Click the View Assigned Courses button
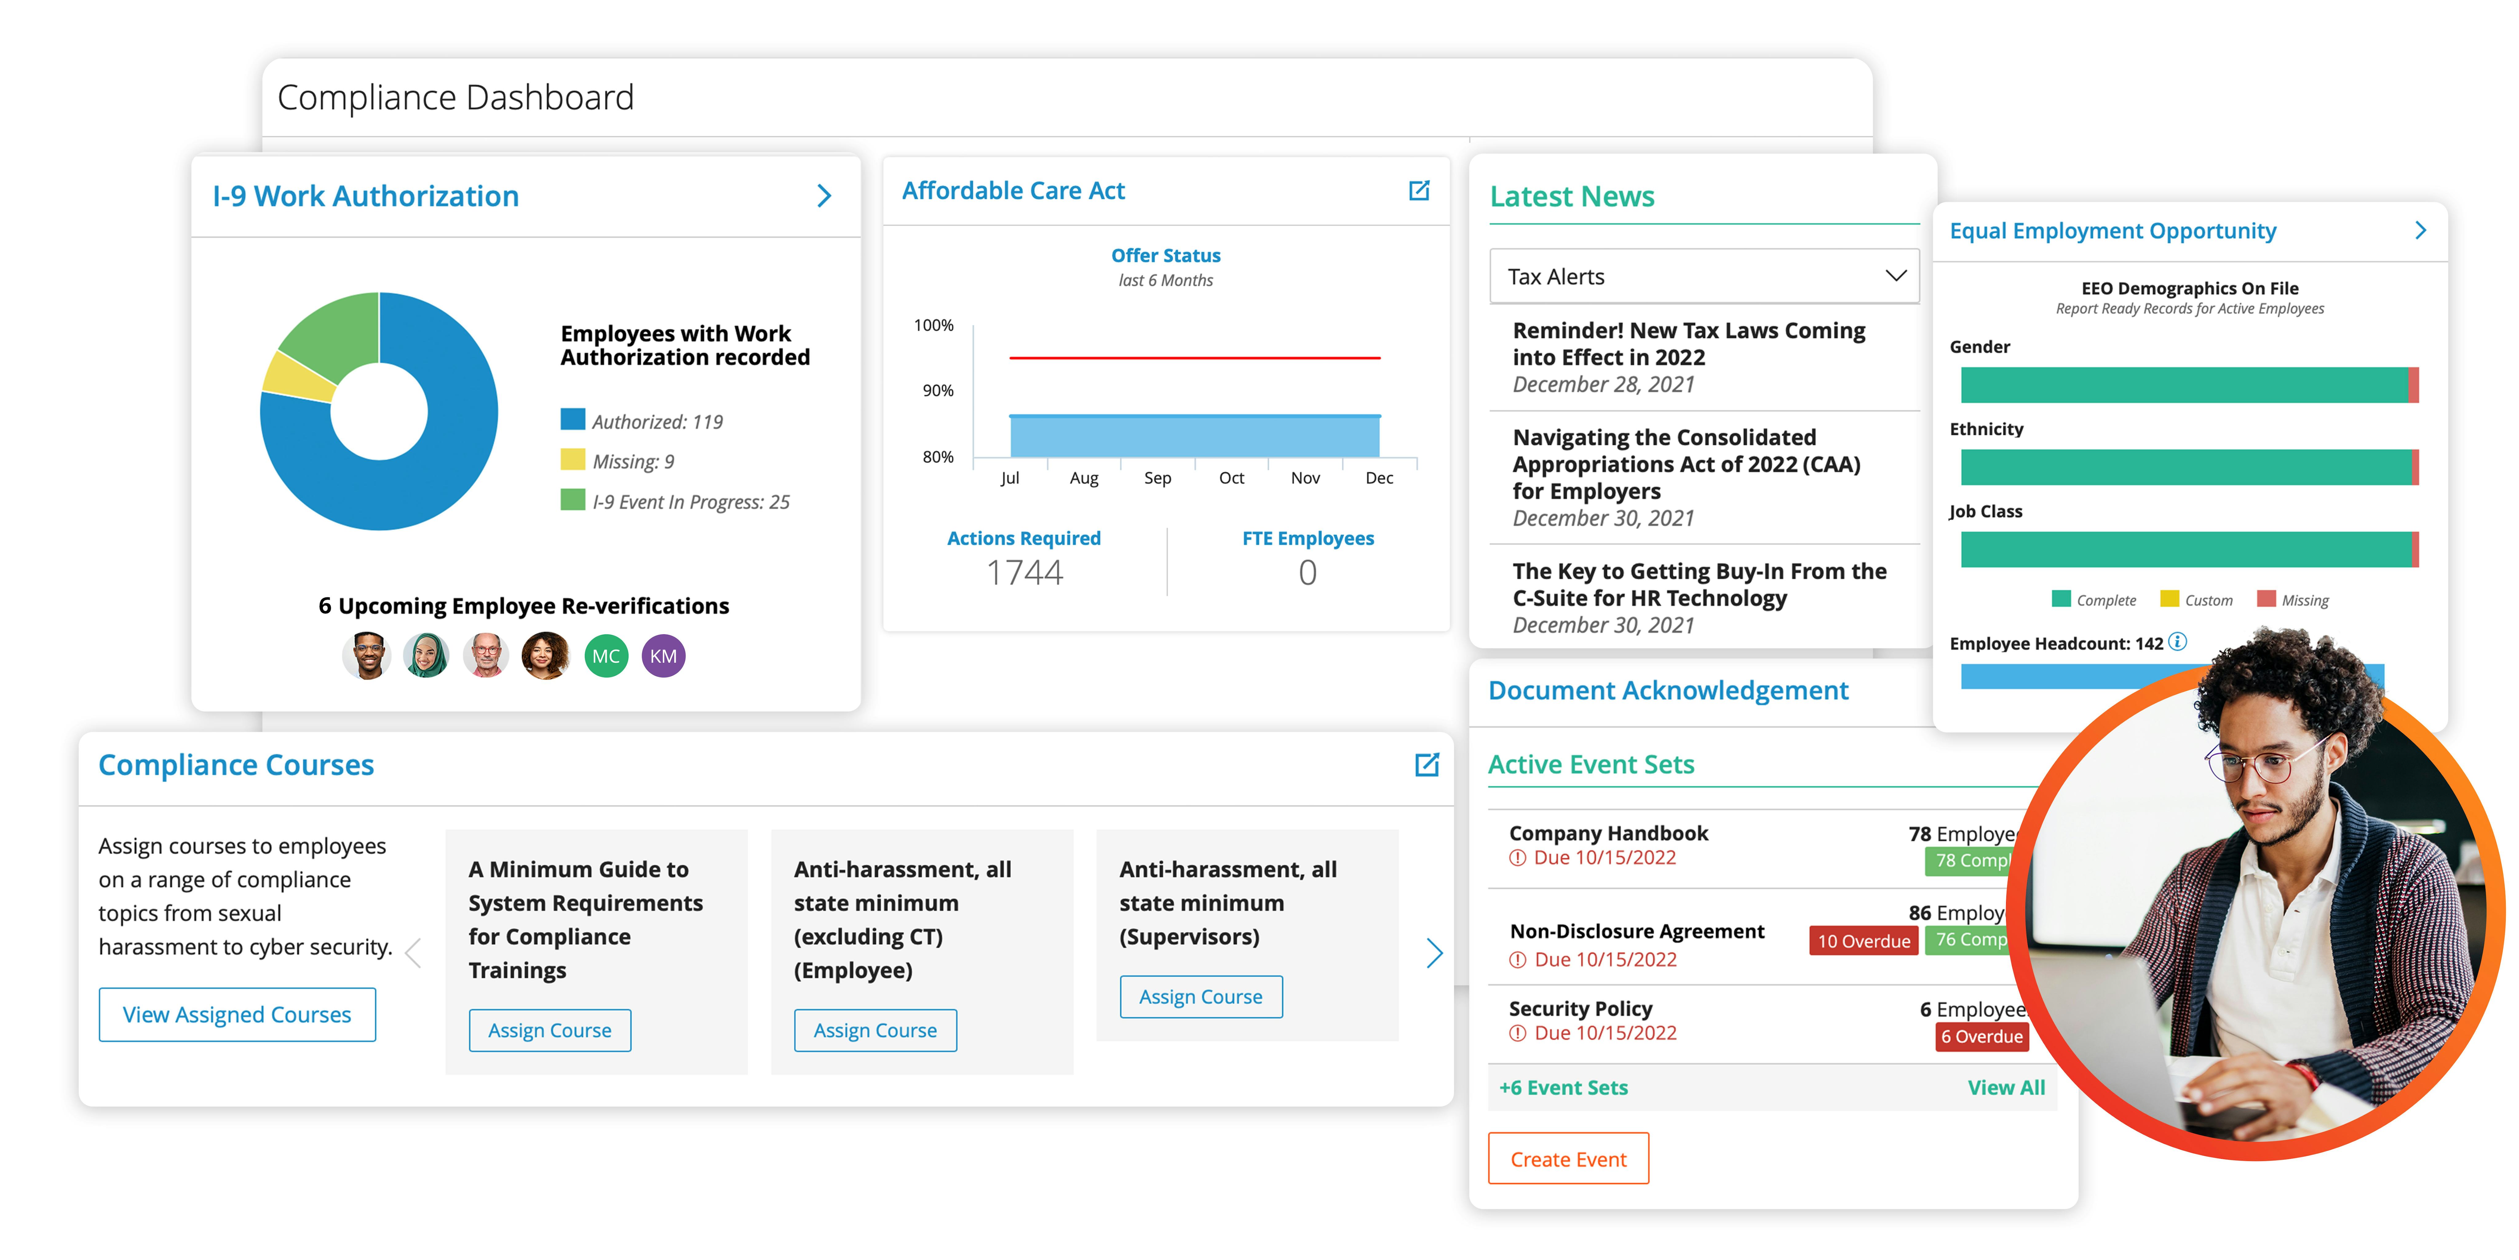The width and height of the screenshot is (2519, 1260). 237,1015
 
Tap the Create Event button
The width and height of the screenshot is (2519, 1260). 1568,1159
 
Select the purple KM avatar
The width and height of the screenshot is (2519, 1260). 663,656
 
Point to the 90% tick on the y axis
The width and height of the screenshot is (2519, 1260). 937,390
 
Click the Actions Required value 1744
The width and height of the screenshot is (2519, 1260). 1024,572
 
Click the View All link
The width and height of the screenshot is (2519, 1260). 2005,1088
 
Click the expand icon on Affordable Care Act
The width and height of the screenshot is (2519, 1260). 1419,191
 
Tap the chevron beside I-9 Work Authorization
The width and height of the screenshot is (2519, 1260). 824,197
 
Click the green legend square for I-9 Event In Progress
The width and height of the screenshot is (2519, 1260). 572,501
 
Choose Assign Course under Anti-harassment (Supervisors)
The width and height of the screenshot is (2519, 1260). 1200,997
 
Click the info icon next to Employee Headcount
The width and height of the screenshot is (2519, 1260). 2178,642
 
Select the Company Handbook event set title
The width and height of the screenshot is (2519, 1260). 1608,833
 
